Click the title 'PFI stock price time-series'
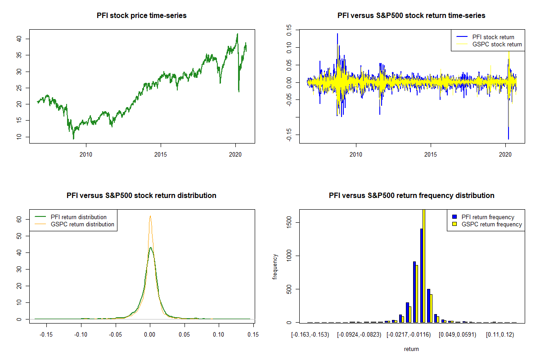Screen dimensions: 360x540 pyautogui.click(x=142, y=16)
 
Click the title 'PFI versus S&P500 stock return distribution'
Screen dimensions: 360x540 pyautogui.click(x=142, y=196)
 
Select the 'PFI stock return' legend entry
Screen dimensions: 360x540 pyautogui.click(x=493, y=37)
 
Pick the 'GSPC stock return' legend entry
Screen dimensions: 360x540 pyautogui.click(x=497, y=45)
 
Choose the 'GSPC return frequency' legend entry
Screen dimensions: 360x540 pyautogui.click(x=491, y=224)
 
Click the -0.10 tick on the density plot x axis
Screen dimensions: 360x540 pyautogui.click(x=81, y=335)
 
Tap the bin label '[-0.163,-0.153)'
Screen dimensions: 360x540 pyautogui.click(x=310, y=335)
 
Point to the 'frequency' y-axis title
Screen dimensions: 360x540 pyautogui.click(x=275, y=266)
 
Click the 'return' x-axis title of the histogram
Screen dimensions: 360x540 pyautogui.click(x=412, y=349)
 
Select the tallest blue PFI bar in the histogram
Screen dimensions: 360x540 pyautogui.click(x=422, y=275)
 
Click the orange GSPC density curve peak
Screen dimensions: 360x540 pyautogui.click(x=150, y=216)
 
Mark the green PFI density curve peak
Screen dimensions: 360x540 pyautogui.click(x=151, y=247)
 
